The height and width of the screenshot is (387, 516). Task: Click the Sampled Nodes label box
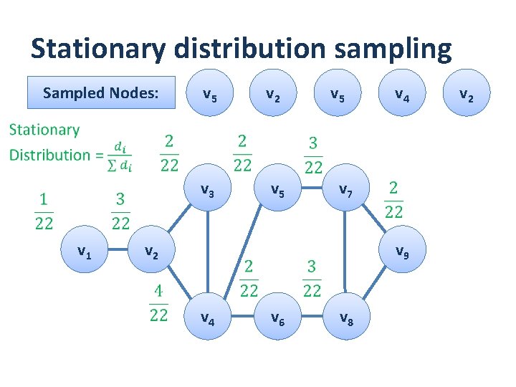click(100, 92)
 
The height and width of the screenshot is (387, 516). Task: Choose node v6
click(276, 317)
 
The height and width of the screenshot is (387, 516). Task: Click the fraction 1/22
click(44, 211)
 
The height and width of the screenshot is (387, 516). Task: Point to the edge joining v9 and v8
click(376, 287)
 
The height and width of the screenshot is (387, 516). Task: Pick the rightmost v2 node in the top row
click(466, 93)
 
